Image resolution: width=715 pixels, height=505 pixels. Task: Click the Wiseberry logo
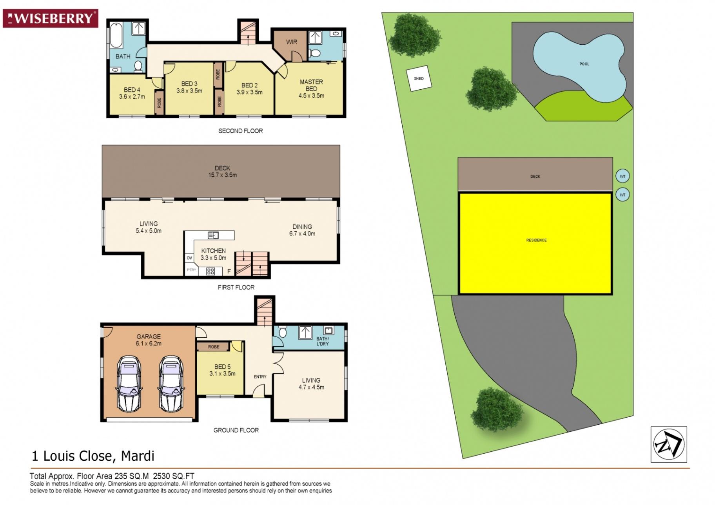50,18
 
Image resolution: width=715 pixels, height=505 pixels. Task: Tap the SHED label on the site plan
419,79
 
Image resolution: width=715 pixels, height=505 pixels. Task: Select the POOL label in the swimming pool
584,64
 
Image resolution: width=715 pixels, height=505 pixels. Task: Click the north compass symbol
669,444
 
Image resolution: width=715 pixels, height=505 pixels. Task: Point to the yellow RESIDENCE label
536,240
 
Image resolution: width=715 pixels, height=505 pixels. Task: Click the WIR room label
292,42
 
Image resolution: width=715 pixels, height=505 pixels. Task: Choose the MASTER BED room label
311,85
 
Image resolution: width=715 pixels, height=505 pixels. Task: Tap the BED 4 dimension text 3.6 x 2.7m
132,97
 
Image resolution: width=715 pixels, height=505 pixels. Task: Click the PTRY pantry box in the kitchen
191,270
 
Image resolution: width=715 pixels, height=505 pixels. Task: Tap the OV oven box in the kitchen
189,258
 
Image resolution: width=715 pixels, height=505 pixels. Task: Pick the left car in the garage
129,384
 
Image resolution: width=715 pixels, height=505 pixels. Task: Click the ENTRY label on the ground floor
260,377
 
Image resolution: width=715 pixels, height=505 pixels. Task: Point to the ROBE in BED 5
214,347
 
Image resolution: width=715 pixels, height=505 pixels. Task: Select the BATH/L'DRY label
323,341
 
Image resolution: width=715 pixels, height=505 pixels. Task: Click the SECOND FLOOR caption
241,131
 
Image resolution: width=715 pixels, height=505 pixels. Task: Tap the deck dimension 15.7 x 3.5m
222,175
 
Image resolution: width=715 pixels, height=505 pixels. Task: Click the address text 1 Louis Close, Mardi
93,456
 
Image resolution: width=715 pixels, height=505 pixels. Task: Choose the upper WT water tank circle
622,176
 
